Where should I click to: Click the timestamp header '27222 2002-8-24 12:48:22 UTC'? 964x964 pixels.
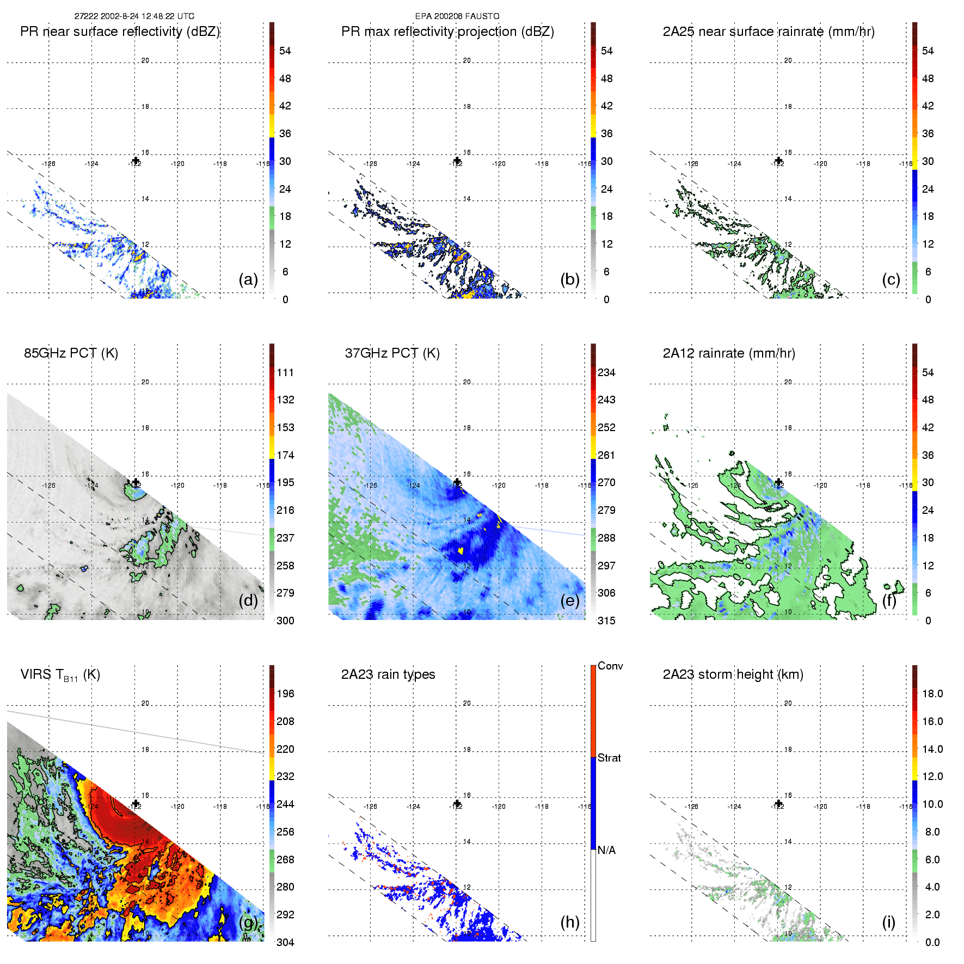point(134,16)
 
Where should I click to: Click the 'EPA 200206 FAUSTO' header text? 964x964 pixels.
point(457,16)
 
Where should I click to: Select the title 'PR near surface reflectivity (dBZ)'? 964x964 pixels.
point(120,32)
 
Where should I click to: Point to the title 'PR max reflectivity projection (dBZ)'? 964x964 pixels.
point(447,32)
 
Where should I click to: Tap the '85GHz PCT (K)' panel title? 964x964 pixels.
point(71,353)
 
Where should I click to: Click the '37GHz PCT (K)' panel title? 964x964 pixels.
point(392,353)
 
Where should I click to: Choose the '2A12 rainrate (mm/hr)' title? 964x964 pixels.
point(729,353)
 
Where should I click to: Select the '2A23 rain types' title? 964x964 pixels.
point(388,674)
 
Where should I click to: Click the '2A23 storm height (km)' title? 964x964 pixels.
point(733,674)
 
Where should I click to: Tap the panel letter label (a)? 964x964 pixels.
point(248,280)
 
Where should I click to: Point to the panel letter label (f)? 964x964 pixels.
point(891,601)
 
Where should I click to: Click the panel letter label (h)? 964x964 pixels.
point(570,922)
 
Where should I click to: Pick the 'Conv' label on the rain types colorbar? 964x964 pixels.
point(610,666)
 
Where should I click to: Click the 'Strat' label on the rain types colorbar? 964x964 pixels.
point(609,758)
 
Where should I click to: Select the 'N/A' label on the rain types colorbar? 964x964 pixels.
point(606,850)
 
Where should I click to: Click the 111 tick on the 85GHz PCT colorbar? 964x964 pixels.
point(285,372)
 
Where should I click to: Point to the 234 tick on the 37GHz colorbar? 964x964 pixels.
point(606,372)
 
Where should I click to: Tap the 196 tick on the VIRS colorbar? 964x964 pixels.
point(285,693)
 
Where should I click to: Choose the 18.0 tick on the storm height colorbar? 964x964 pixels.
point(932,693)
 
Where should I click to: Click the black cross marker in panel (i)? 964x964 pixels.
point(778,804)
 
